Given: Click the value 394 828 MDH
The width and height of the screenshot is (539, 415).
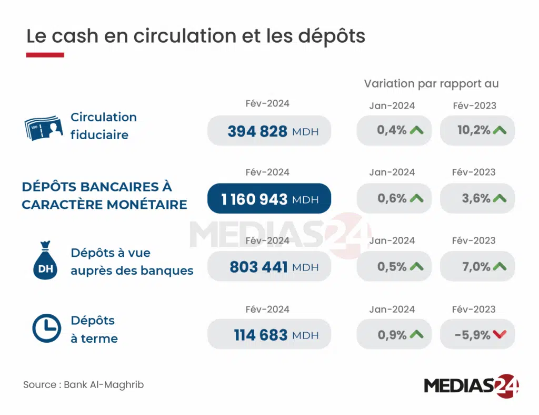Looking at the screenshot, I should [269, 131].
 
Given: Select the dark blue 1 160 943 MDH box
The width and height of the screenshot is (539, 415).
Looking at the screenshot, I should [269, 199].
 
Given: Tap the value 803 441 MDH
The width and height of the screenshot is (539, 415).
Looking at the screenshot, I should [269, 267].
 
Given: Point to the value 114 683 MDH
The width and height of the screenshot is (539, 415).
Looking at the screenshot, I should [269, 335].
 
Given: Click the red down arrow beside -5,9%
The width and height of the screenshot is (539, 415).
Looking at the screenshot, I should [500, 335].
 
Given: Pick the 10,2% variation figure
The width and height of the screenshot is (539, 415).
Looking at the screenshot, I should [473, 130].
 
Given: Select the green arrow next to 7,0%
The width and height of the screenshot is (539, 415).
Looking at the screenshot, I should [500, 267].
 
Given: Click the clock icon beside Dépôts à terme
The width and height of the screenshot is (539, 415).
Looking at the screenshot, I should [46, 329].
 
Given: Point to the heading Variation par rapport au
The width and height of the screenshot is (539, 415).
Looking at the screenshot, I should [431, 84].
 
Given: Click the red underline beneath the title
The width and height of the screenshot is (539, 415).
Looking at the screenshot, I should [45, 55].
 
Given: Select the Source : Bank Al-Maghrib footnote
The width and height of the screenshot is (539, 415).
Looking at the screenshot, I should [83, 384].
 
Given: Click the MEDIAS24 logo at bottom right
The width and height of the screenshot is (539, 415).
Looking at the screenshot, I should [471, 385].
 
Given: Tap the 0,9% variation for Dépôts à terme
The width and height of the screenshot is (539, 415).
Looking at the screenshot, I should [392, 335].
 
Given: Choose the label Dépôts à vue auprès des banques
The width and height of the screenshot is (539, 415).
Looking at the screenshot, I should [132, 262].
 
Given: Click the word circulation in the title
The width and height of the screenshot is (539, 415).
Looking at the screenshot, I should [164, 36].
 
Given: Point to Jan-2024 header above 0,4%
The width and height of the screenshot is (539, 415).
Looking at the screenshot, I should [392, 105].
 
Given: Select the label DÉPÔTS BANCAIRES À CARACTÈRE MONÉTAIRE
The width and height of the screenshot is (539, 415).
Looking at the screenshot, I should [104, 196].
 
